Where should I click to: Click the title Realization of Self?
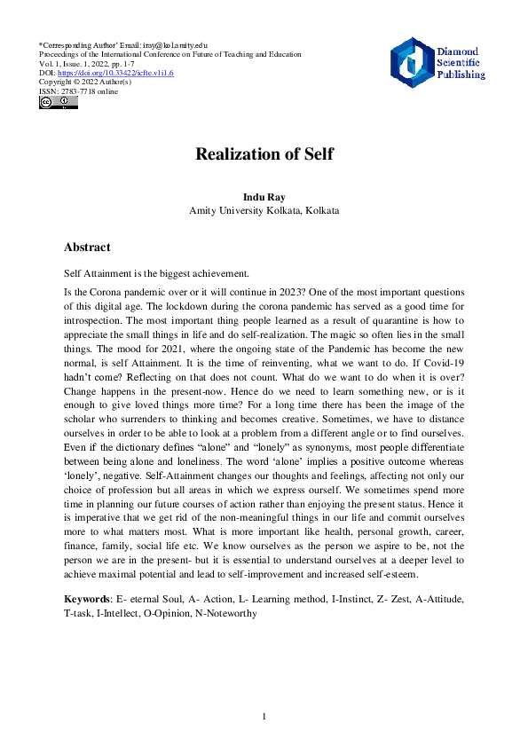click(x=264, y=153)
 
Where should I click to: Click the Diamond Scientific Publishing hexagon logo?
click(x=410, y=62)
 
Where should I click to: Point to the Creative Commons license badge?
click(x=58, y=103)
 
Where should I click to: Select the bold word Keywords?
click(x=89, y=599)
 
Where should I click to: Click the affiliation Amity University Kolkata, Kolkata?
click(x=264, y=210)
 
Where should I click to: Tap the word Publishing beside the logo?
click(x=461, y=75)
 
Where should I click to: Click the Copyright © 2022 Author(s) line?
click(x=86, y=82)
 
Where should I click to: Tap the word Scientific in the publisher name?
click(x=458, y=63)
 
